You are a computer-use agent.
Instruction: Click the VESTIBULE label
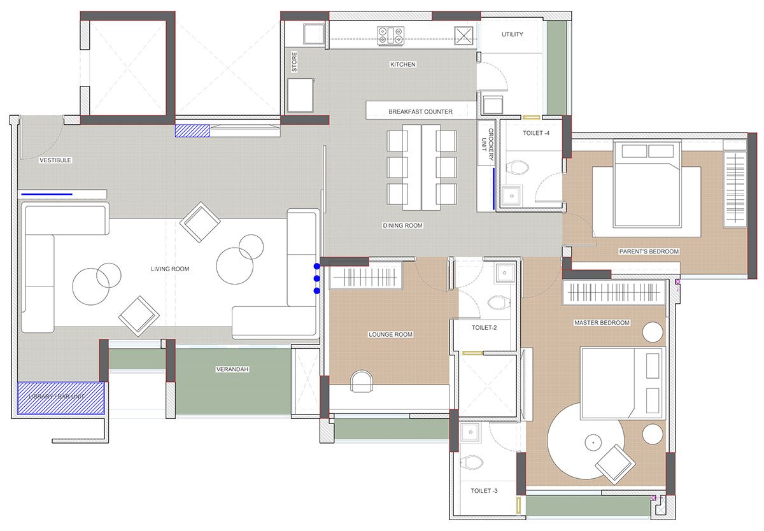(55, 160)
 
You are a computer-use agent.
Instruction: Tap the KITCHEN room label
(403, 64)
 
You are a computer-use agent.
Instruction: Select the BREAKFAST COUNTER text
(421, 111)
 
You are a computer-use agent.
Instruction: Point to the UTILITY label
(513, 34)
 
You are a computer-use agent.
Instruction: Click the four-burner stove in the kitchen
(390, 36)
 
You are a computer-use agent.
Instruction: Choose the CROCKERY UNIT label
(487, 145)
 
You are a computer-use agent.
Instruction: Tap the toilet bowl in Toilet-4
(517, 167)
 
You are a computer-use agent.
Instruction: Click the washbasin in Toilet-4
(512, 195)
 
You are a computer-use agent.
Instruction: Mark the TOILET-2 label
(485, 327)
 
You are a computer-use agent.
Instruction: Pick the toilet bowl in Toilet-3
(472, 462)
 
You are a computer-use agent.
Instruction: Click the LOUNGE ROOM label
(390, 334)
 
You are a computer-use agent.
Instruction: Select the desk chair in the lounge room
(362, 381)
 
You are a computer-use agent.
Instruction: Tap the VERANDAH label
(232, 369)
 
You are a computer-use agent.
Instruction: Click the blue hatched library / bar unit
(61, 398)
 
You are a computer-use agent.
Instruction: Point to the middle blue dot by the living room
(317, 279)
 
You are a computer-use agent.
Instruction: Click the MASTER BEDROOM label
(602, 322)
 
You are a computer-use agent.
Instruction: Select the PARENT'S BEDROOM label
(649, 251)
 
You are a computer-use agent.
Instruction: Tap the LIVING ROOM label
(170, 269)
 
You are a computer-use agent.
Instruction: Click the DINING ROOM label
(403, 225)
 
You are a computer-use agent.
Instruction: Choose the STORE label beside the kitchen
(294, 62)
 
